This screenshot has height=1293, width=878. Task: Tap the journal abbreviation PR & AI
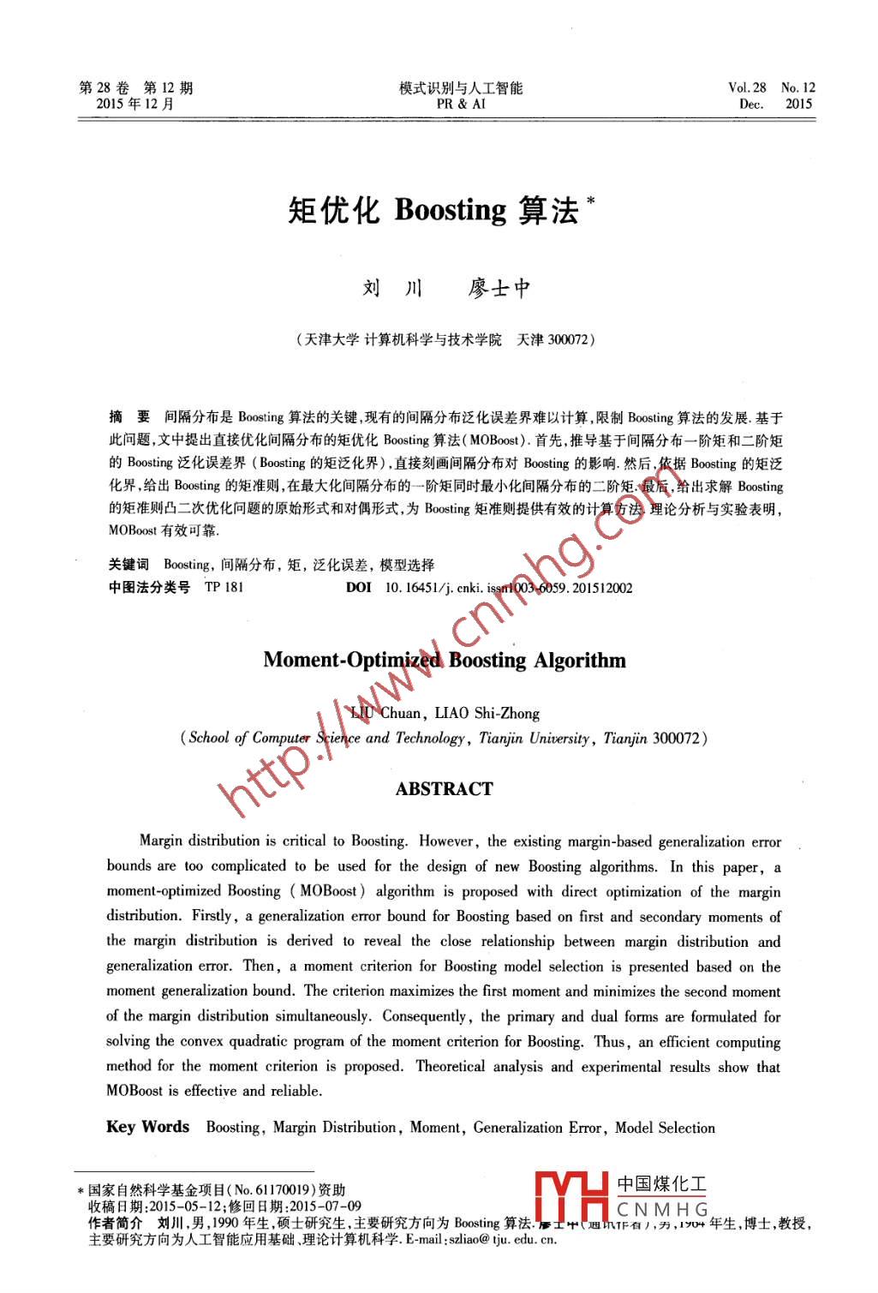(x=460, y=105)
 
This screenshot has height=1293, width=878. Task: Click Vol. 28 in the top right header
(x=747, y=87)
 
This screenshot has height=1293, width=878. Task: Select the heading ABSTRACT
(x=444, y=789)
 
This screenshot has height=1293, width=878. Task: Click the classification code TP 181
(x=224, y=588)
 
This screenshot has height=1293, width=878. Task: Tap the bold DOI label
(x=358, y=588)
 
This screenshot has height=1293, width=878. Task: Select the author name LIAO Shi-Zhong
(x=487, y=713)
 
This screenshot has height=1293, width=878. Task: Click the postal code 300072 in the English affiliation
(x=675, y=738)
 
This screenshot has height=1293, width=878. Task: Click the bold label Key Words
(x=147, y=1127)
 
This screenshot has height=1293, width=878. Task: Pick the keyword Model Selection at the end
(x=665, y=1128)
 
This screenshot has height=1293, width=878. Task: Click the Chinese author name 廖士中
(x=499, y=289)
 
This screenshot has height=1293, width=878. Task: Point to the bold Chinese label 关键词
(x=128, y=565)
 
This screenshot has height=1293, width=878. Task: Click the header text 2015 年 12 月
(x=135, y=105)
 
